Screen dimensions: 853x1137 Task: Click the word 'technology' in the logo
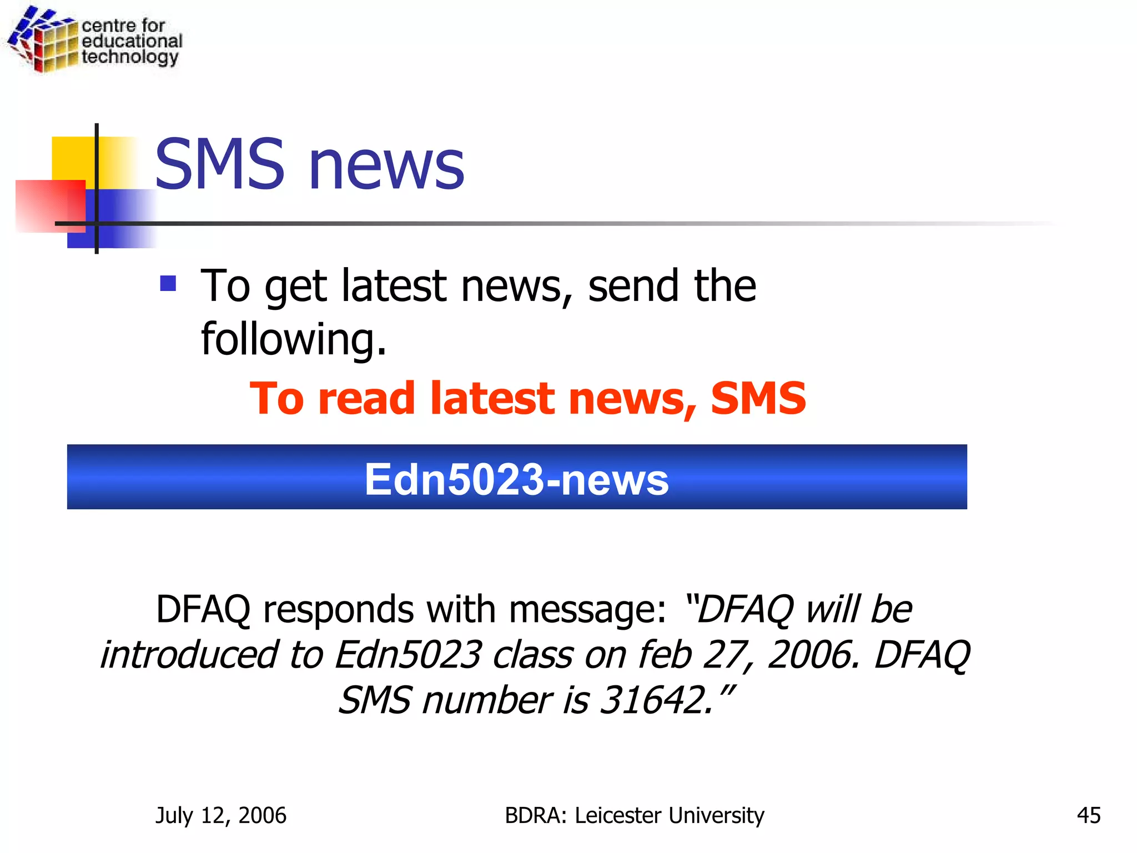[x=130, y=57]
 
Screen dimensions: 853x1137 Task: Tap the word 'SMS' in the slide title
[x=219, y=164]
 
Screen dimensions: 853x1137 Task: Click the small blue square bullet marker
[x=168, y=284]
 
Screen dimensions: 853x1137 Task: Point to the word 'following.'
[x=293, y=340]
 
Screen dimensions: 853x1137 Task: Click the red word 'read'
[x=366, y=398]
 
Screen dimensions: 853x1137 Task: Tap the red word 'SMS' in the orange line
[x=758, y=398]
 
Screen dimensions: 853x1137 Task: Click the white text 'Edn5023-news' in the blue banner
[x=516, y=479]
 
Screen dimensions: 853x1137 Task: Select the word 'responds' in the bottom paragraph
[x=338, y=609]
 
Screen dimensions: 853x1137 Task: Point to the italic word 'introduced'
[x=189, y=655]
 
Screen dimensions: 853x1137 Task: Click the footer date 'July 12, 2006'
[x=221, y=816]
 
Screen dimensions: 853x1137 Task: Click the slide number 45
[x=1088, y=816]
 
